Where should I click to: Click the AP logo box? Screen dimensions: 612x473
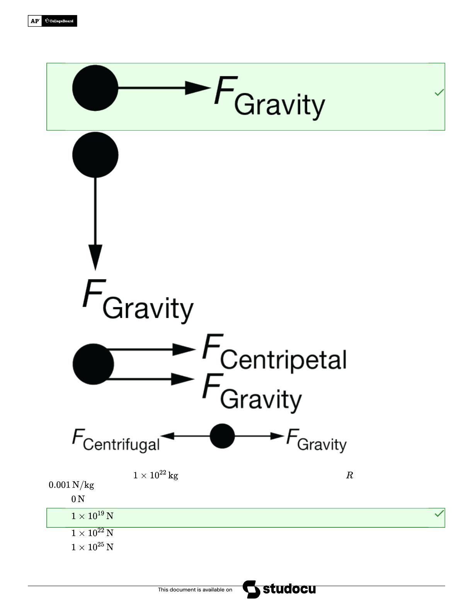pyautogui.click(x=35, y=21)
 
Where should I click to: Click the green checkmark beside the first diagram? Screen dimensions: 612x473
pyautogui.click(x=439, y=92)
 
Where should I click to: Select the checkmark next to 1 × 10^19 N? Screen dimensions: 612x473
pyautogui.click(x=439, y=513)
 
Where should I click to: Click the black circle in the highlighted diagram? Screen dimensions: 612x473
pyautogui.click(x=95, y=88)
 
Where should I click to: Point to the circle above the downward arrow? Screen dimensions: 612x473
pyautogui.click(x=95, y=155)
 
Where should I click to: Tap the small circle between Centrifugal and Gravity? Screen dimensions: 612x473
pyautogui.click(x=222, y=436)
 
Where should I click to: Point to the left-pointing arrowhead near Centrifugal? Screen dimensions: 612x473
pyautogui.click(x=167, y=436)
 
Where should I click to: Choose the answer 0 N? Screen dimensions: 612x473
pyautogui.click(x=78, y=499)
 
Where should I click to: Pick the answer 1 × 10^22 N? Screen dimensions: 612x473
pyautogui.click(x=92, y=533)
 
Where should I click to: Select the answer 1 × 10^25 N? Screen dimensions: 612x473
pyautogui.click(x=92, y=547)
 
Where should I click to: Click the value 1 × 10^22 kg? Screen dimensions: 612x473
pyautogui.click(x=155, y=475)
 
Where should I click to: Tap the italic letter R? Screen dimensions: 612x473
pyautogui.click(x=349, y=475)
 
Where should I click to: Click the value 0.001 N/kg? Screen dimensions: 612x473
pyautogui.click(x=71, y=485)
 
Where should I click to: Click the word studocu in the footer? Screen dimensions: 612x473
pyautogui.click(x=289, y=589)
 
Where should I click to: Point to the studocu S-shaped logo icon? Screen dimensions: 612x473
pyautogui.click(x=251, y=589)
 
